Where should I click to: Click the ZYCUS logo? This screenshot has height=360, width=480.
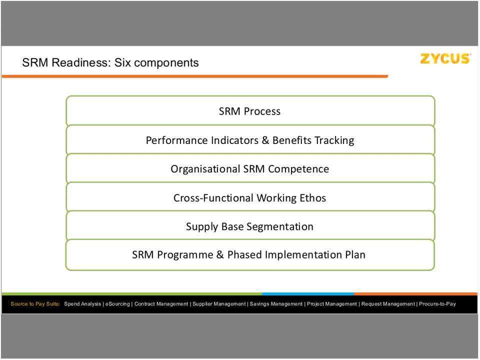tap(445, 59)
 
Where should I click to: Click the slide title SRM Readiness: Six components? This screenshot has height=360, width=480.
tap(110, 63)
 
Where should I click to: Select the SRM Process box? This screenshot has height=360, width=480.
tap(249, 111)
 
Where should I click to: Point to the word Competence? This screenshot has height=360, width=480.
tap(298, 169)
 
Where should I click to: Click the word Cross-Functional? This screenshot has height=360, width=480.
tap(213, 198)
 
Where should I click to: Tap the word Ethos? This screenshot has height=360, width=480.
tap(313, 198)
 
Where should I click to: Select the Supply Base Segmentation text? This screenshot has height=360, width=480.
tap(249, 226)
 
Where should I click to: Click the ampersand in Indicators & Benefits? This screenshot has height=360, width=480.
tap(265, 140)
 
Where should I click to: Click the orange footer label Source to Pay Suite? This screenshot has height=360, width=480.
tap(35, 304)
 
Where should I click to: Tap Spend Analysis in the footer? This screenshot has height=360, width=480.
tap(83, 304)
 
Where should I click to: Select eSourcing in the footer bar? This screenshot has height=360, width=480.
tap(117, 304)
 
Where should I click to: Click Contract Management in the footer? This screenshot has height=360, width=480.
tap(161, 304)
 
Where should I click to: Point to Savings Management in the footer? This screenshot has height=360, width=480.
tap(276, 304)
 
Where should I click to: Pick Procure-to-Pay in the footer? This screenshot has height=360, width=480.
tap(437, 304)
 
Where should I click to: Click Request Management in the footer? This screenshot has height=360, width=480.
tap(388, 304)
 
